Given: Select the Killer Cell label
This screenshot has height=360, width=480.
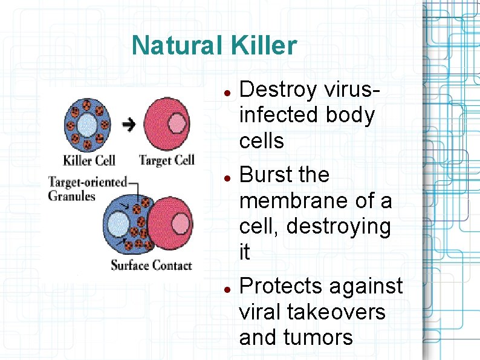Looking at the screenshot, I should (x=89, y=160).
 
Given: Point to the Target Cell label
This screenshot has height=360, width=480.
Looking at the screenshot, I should (x=167, y=160).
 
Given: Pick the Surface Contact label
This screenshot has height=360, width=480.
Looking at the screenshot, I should (x=151, y=265).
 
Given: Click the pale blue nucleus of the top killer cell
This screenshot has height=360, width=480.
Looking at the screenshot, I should (x=87, y=126).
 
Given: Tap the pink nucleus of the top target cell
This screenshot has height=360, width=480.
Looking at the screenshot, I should (x=177, y=124).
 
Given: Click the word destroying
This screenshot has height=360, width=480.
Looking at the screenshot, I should (x=339, y=227).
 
